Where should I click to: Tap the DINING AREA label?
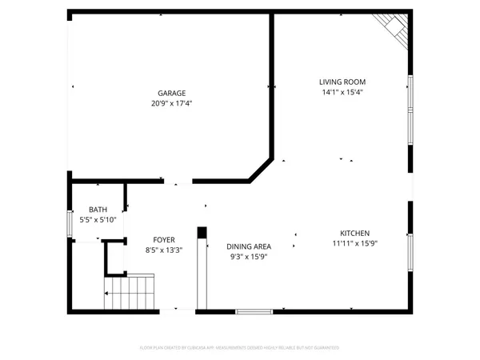tap(249, 247)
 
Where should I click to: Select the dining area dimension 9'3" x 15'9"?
tap(249, 258)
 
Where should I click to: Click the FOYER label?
tap(164, 239)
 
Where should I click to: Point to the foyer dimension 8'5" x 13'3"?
tap(164, 250)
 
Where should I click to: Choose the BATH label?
tap(98, 210)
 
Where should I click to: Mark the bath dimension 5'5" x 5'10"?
tap(98, 220)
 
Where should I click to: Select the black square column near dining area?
tap(202, 232)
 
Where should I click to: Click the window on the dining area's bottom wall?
tap(254, 310)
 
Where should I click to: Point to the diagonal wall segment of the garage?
tap(260, 170)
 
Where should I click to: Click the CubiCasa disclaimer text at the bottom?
tap(240, 348)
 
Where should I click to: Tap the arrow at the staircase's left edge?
tap(107, 294)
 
